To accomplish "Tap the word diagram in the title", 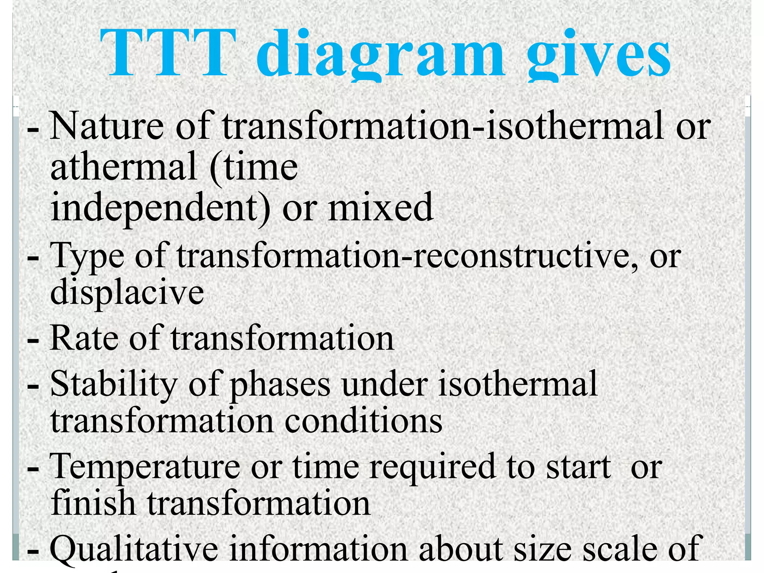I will (x=381, y=56).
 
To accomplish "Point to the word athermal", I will (x=123, y=166).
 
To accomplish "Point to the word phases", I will (x=280, y=386).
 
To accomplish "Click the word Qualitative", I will (x=134, y=548).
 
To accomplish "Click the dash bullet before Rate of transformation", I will (x=33, y=340).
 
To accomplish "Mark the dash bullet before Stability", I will (x=33, y=386).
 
